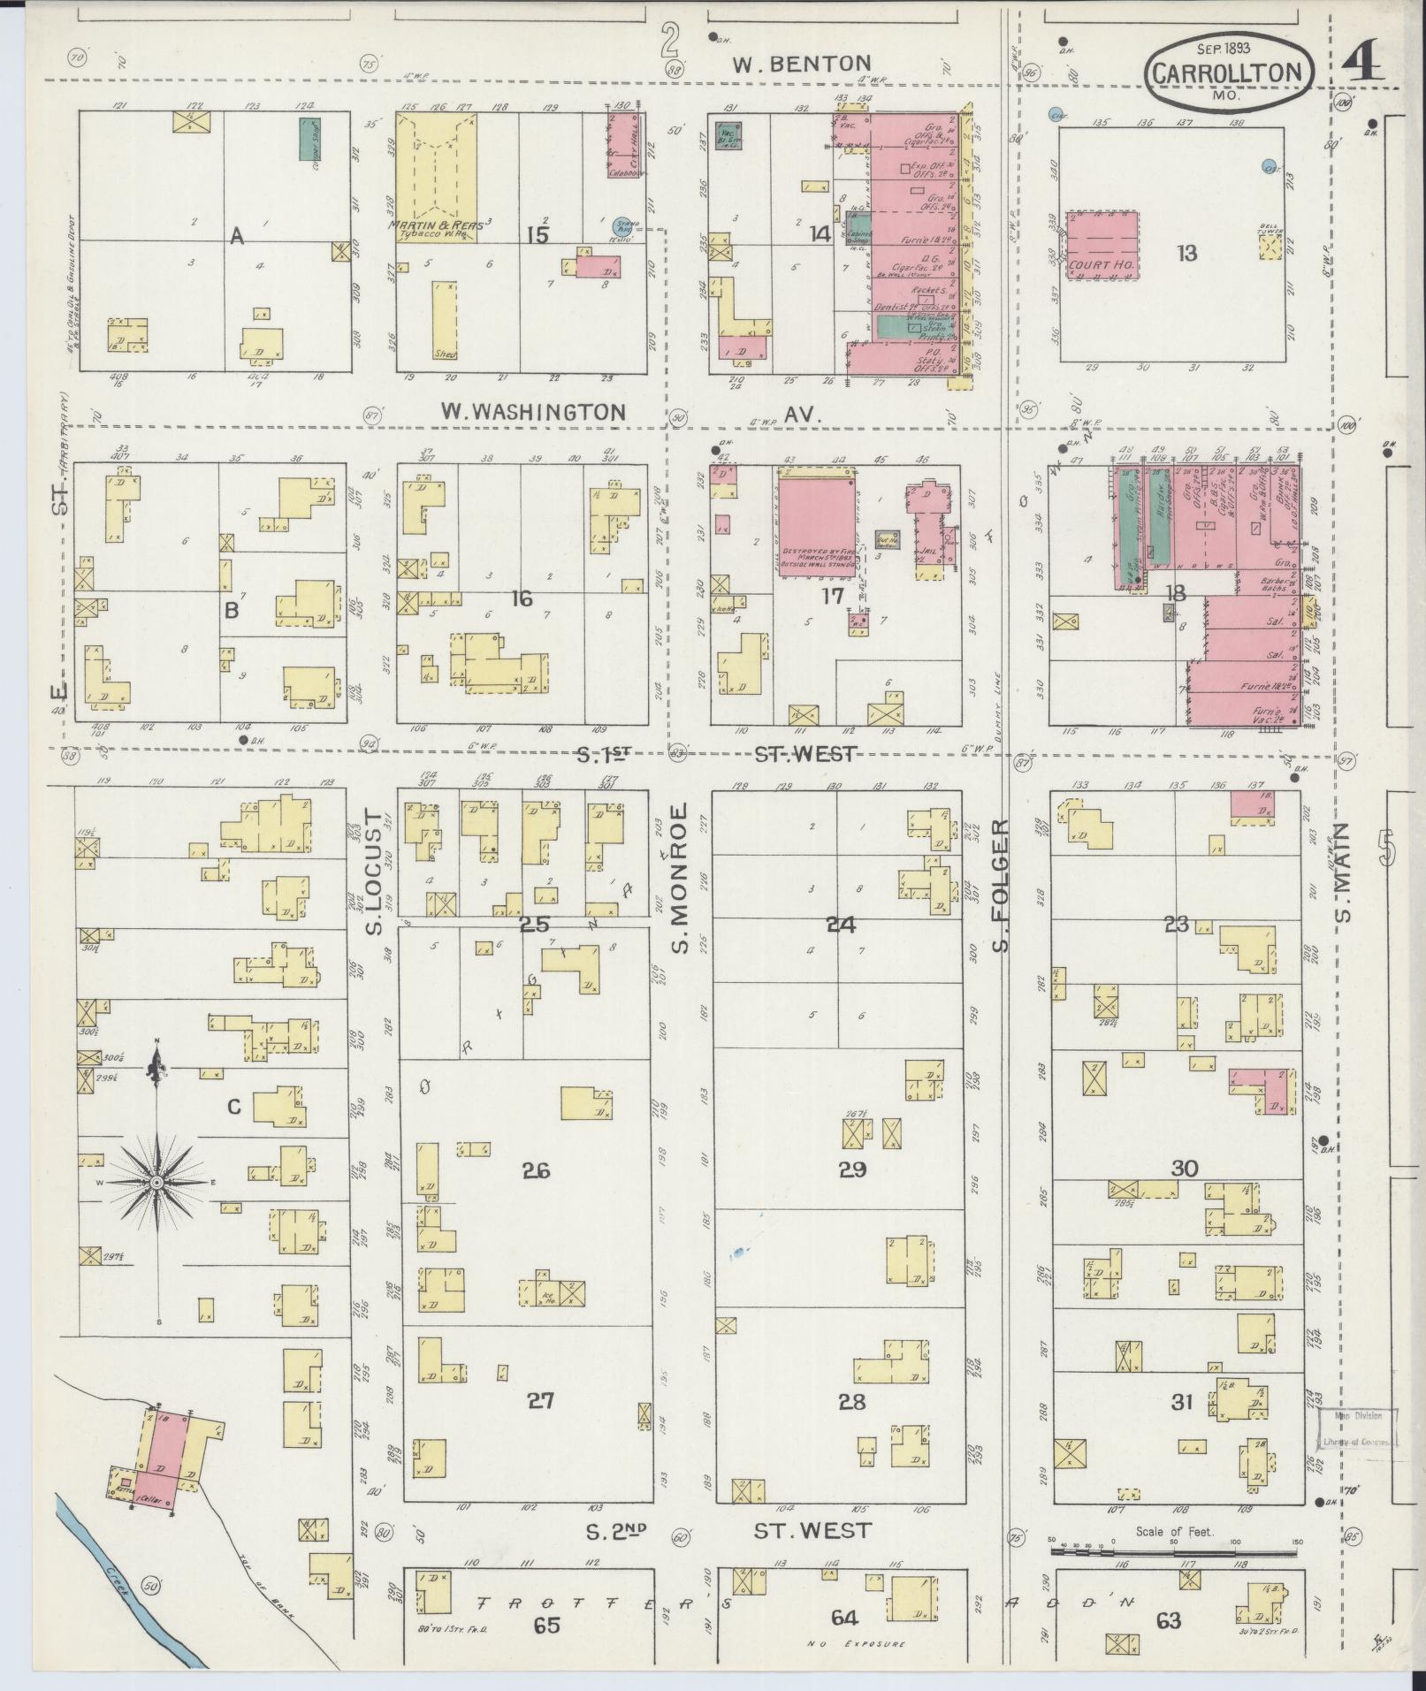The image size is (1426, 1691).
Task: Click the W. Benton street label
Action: (803, 63)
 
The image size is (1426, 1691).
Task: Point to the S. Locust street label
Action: (374, 872)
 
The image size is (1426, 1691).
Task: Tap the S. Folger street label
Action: (999, 887)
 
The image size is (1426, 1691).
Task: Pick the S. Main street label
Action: (1343, 871)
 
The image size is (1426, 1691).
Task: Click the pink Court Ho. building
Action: (1102, 245)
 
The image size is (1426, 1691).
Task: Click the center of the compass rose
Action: (156, 1182)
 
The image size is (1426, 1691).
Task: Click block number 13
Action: (1186, 254)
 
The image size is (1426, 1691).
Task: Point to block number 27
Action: (540, 1400)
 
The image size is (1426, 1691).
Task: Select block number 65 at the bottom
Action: (547, 1625)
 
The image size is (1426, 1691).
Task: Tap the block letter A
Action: (236, 235)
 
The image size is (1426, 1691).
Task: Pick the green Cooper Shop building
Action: (307, 139)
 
